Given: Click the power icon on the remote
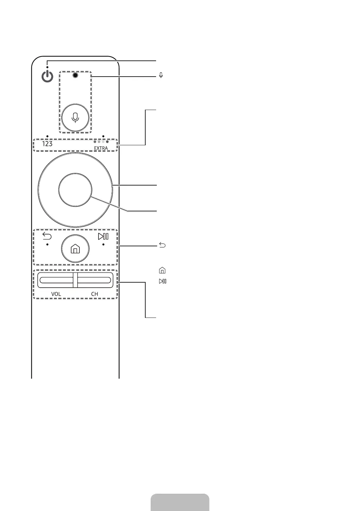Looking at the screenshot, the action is tap(47, 76).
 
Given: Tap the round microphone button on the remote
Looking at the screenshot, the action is tap(75, 118).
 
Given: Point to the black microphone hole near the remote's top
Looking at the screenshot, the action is tap(75, 75).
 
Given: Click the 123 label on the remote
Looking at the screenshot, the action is tap(47, 144).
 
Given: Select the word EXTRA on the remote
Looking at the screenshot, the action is tap(101, 148).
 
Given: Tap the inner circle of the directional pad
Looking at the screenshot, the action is tap(75, 190).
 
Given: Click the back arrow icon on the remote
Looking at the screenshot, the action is tap(47, 236).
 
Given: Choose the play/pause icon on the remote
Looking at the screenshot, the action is tap(103, 236).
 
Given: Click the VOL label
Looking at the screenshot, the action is tap(56, 294).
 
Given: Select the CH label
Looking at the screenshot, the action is tap(95, 294).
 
